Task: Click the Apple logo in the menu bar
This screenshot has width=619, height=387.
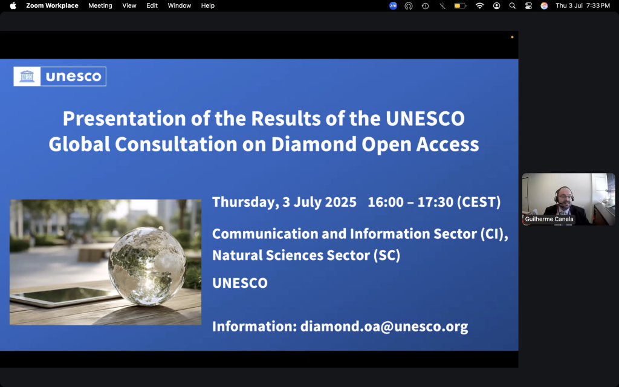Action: pyautogui.click(x=13, y=5)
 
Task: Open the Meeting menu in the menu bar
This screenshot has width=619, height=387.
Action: pyautogui.click(x=100, y=5)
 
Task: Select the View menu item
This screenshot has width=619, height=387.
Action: pyautogui.click(x=129, y=5)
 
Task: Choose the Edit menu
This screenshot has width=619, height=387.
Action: pyautogui.click(x=152, y=5)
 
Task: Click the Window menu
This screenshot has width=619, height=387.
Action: pyautogui.click(x=179, y=5)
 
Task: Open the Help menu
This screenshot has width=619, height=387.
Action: pyautogui.click(x=208, y=5)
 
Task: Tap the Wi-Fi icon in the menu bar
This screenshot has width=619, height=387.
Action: pyautogui.click(x=479, y=5)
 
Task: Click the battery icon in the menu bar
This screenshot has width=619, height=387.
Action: pyautogui.click(x=460, y=6)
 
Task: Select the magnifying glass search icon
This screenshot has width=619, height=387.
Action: pyautogui.click(x=513, y=5)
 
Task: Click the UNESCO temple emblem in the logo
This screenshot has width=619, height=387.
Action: pyautogui.click(x=27, y=76)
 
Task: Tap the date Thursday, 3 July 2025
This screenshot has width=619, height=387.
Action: pyautogui.click(x=284, y=202)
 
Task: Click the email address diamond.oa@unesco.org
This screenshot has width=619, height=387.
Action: pyautogui.click(x=384, y=327)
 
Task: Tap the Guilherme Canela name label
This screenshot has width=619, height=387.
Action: pyautogui.click(x=549, y=219)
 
